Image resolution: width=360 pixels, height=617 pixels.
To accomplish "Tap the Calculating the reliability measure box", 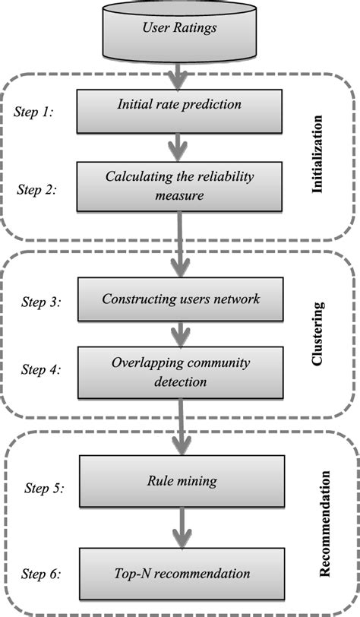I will coord(179,187).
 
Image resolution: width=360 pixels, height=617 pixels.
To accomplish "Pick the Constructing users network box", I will coord(181,299).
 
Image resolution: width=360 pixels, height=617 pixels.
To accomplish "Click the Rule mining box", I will coord(181,482).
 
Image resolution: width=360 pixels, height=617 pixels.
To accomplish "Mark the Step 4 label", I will coord(39,370).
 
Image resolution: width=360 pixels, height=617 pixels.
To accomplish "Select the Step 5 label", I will coord(39,487).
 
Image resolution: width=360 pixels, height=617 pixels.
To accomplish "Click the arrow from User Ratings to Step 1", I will coord(179,74).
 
